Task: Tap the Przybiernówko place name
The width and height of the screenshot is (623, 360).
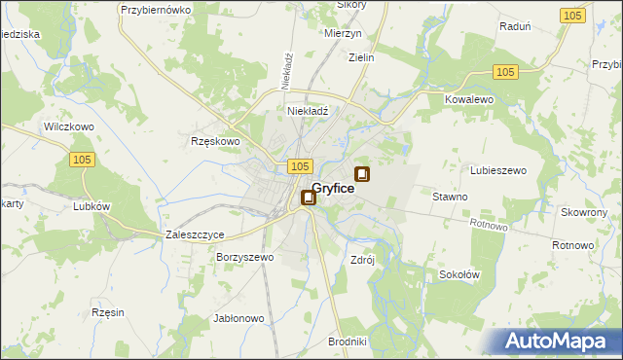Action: (154, 9)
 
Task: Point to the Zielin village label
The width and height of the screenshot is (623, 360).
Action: (361, 57)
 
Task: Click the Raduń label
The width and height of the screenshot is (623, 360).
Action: (514, 28)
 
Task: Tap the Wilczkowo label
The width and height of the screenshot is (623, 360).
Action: (68, 126)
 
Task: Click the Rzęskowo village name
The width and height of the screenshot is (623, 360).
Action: (214, 141)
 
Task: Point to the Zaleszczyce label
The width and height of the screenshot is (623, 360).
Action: (196, 235)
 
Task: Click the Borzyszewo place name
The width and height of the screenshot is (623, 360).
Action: (245, 258)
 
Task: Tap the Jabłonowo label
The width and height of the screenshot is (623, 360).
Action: (238, 318)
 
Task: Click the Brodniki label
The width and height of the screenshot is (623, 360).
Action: (347, 341)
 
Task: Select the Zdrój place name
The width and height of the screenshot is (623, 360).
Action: (362, 260)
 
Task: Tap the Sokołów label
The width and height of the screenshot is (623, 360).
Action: (458, 274)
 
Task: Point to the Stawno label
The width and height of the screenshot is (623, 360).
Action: (450, 197)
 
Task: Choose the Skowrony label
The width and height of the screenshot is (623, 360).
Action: (584, 212)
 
